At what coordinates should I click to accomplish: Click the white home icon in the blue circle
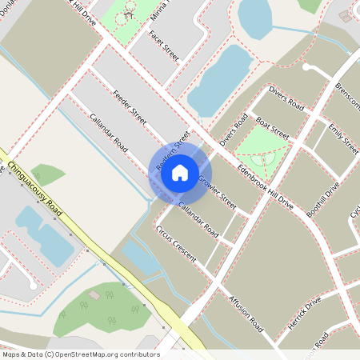(180, 172)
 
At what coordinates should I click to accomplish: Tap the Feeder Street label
(130, 106)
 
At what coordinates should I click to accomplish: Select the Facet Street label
(164, 46)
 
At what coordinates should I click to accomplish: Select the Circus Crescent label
(176, 243)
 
